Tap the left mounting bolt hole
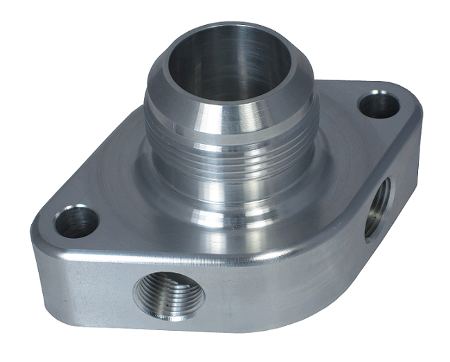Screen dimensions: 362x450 [76, 221]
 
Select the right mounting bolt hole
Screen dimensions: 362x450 [379, 105]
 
